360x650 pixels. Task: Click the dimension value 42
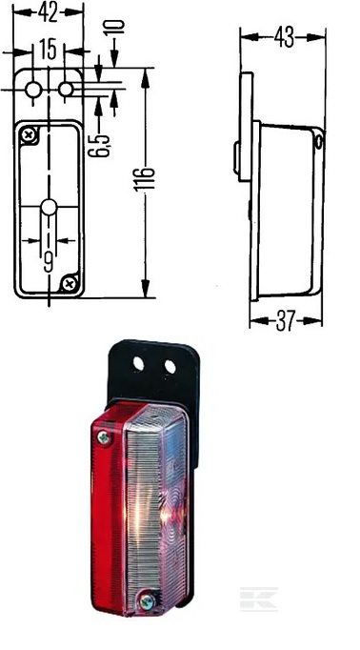(x=47, y=11)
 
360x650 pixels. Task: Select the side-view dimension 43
(x=283, y=37)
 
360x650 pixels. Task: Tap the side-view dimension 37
(x=283, y=322)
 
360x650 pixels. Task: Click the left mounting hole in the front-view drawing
(x=33, y=90)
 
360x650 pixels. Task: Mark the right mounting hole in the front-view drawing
(x=66, y=90)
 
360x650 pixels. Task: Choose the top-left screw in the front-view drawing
(x=31, y=135)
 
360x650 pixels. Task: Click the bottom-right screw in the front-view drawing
(x=69, y=281)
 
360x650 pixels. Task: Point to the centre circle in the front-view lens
(x=50, y=209)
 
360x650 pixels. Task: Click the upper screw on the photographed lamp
(x=103, y=437)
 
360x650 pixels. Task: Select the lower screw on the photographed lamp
(x=146, y=600)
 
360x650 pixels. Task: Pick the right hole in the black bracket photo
(x=170, y=366)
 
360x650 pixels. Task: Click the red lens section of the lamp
(x=107, y=515)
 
